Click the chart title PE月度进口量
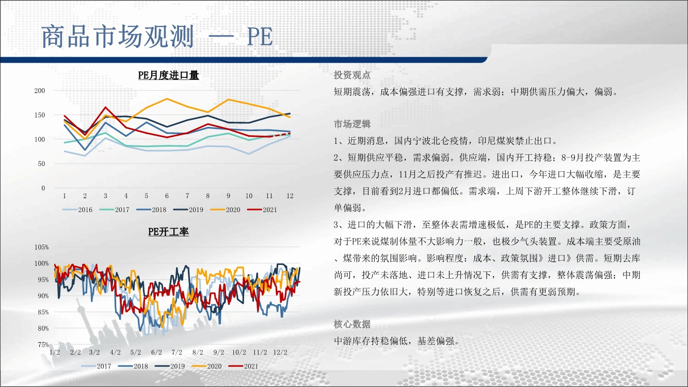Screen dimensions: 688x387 click(x=168, y=75)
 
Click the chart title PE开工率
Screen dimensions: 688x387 click(x=168, y=232)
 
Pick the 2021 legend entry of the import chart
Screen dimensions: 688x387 click(x=262, y=210)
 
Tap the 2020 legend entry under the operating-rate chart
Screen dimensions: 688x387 click(x=206, y=366)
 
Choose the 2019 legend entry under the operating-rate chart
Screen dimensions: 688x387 click(x=169, y=366)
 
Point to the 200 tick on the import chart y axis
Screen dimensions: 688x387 click(x=40, y=91)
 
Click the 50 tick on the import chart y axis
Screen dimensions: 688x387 click(x=41, y=164)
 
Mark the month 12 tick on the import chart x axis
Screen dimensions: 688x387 click(x=290, y=196)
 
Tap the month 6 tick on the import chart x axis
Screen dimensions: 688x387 click(x=167, y=196)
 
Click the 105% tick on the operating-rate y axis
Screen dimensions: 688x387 click(x=41, y=247)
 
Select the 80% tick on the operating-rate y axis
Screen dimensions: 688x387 click(x=43, y=328)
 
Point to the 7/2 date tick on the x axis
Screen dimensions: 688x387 click(x=177, y=352)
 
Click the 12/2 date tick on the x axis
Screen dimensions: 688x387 click(x=280, y=352)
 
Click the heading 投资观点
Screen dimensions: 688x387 click(x=352, y=75)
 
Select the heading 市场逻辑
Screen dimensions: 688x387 click(x=352, y=124)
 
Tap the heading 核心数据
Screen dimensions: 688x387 click(x=352, y=324)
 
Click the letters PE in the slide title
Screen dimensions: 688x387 click(x=260, y=37)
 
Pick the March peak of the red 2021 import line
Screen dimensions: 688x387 click(x=105, y=107)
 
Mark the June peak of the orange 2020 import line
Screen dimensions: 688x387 click(x=167, y=99)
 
